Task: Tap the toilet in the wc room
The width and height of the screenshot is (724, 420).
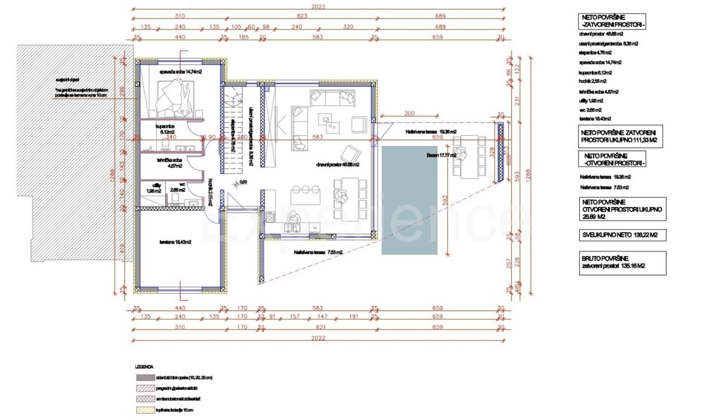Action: click(x=174, y=200)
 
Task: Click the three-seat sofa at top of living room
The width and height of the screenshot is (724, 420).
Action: click(x=331, y=96)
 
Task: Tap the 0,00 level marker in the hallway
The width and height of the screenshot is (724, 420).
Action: click(x=244, y=181)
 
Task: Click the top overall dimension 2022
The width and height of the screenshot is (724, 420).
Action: click(x=319, y=7)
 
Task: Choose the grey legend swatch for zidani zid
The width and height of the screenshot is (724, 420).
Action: click(x=146, y=378)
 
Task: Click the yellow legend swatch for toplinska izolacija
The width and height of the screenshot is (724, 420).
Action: click(x=146, y=410)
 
